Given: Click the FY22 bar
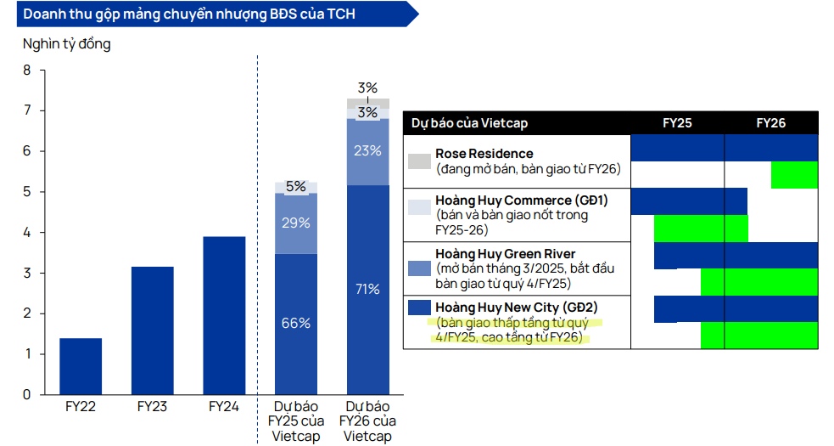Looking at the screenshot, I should [x=81, y=366].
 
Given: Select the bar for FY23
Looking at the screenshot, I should [x=153, y=330].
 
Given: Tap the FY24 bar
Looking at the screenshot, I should [x=224, y=315].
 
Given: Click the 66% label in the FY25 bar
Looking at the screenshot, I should [x=296, y=323].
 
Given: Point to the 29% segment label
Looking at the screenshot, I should [x=296, y=223].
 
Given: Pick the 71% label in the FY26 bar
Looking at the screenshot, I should [x=367, y=289].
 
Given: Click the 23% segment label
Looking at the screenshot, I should [x=367, y=150].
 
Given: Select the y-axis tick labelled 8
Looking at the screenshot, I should [x=26, y=71].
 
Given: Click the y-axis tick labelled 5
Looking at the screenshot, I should [x=26, y=192].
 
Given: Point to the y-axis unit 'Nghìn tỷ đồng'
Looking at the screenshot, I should [x=66, y=44].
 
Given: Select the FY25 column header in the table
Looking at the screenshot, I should [x=677, y=123].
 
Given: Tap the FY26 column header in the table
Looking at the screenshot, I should [x=771, y=123].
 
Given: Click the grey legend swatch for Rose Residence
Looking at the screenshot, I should [x=419, y=161].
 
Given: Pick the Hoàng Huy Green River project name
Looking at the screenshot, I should [x=505, y=254].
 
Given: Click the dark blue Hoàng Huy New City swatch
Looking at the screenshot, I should [x=419, y=308].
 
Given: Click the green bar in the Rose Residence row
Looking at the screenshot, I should [x=794, y=174].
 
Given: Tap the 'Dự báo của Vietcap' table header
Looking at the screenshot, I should [x=469, y=123].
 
